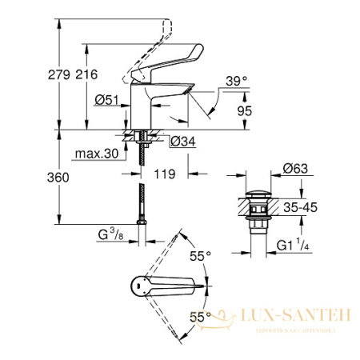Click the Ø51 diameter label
tap(106, 100)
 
